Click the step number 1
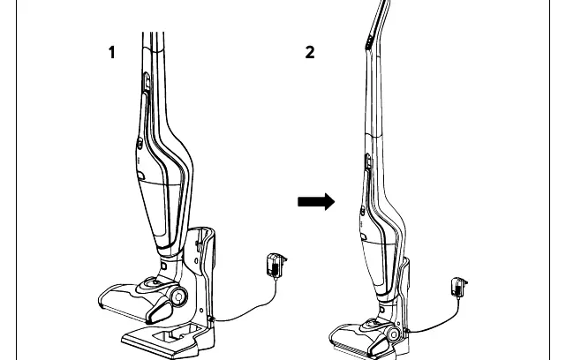tap(112, 52)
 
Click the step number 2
tap(310, 52)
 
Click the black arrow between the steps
tap(316, 202)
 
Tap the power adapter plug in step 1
tap(275, 266)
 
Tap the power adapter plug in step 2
tap(459, 287)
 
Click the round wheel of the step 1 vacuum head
tap(178, 296)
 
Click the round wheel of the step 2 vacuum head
tap(394, 334)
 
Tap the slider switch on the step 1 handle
tap(147, 81)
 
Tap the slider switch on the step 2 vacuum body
tap(367, 161)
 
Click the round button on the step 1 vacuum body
tap(140, 144)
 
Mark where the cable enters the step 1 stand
tap(212, 319)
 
